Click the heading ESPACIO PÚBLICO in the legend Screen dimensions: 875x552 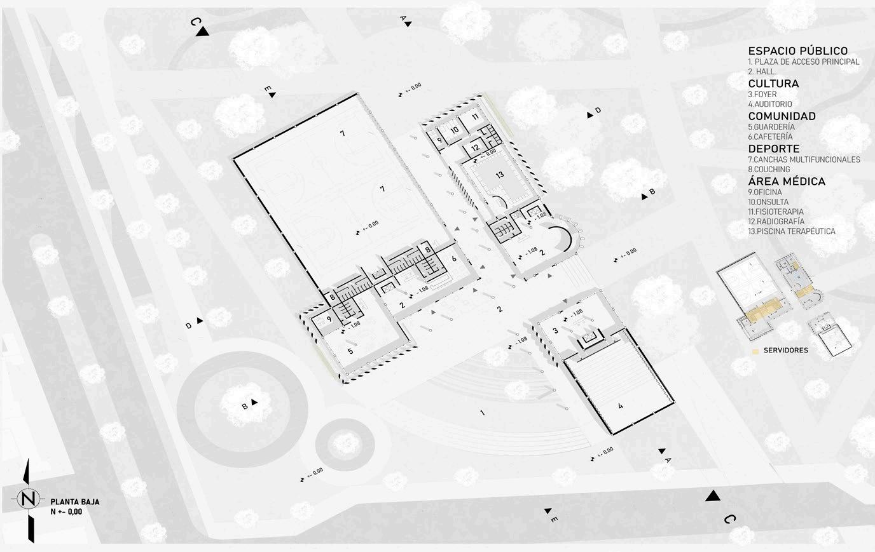[x=797, y=51]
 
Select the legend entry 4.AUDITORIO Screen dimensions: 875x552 [x=770, y=104]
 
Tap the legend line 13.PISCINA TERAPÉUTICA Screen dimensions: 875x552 [x=792, y=231]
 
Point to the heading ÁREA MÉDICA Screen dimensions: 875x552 [x=787, y=182]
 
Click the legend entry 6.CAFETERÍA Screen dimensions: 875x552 [x=771, y=137]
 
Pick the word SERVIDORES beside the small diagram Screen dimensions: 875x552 [x=786, y=350]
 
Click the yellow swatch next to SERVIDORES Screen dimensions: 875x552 [x=755, y=350]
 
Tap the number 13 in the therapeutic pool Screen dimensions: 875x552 [x=500, y=175]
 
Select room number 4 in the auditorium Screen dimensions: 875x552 [x=620, y=405]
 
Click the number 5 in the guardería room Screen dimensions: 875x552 [x=350, y=349]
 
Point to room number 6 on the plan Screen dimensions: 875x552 [x=454, y=259]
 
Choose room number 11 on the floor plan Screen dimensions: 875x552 [x=475, y=118]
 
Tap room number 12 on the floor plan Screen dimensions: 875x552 [x=474, y=148]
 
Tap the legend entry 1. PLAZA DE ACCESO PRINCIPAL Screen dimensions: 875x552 [x=804, y=62]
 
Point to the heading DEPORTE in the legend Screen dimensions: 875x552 [x=773, y=149]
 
